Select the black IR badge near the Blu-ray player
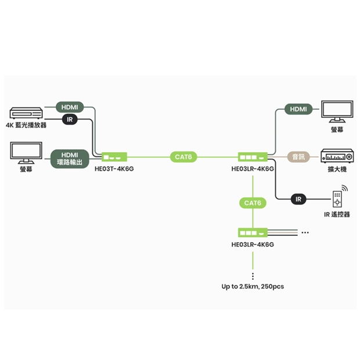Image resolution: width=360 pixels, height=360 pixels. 70,120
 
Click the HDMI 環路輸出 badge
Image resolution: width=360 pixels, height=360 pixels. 70,159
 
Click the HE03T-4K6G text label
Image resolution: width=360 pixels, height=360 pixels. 114,169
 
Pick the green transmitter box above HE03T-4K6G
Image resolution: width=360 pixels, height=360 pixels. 114,157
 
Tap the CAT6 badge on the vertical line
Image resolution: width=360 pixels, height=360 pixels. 253,203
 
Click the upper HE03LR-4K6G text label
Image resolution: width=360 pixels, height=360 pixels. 253,169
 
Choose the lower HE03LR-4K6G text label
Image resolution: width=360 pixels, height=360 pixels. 253,244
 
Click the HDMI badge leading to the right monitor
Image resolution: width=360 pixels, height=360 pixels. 298,109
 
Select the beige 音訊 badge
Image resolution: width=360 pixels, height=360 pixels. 298,157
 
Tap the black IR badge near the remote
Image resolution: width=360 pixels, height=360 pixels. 298,199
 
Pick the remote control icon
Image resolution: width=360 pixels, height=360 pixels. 337,197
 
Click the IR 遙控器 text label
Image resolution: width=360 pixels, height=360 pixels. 337,214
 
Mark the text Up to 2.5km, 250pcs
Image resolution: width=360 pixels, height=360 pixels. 253,286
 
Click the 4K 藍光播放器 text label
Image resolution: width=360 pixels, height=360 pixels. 26,125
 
